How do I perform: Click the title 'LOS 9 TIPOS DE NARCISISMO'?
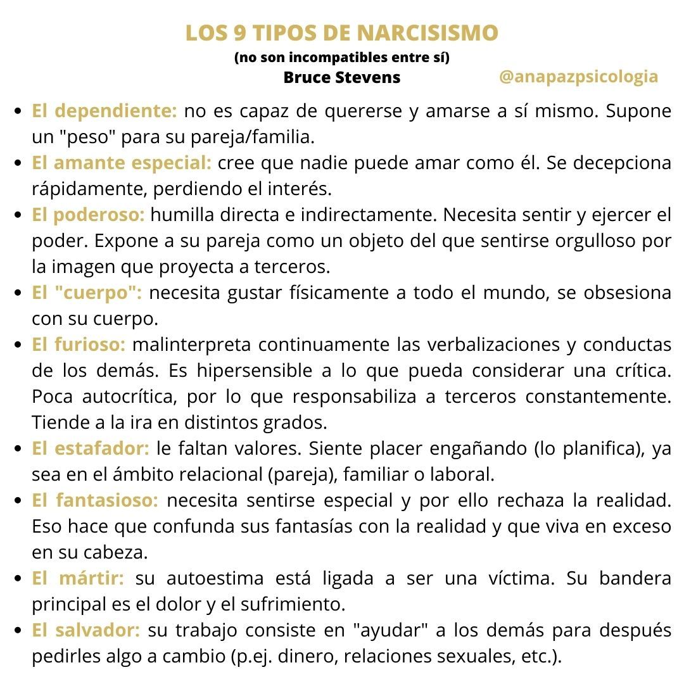(342, 34)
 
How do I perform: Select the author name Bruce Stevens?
(342, 78)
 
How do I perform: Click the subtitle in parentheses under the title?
(342, 58)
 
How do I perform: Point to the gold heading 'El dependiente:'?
(104, 111)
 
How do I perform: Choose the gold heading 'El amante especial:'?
(122, 163)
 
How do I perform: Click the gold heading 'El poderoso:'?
(88, 215)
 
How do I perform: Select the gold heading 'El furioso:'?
(79, 345)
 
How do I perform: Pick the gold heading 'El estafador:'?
(91, 448)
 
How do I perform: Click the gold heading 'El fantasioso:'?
(95, 500)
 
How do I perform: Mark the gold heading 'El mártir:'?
(79, 578)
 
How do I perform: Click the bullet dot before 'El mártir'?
(19, 579)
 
